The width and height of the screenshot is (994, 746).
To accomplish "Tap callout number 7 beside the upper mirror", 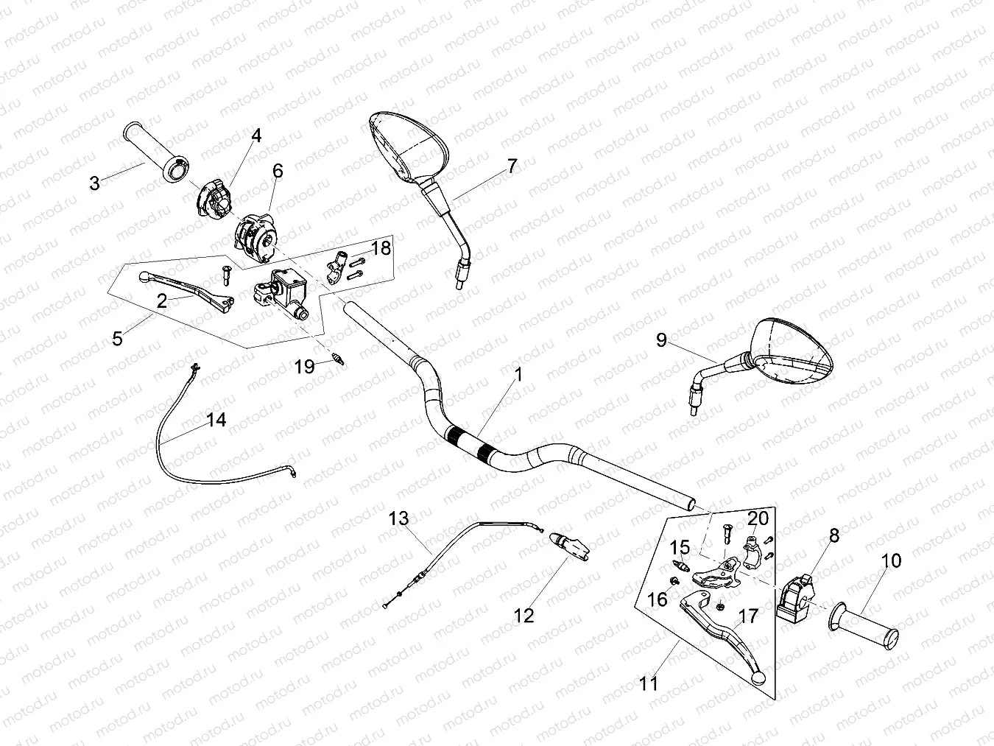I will pyautogui.click(x=512, y=166).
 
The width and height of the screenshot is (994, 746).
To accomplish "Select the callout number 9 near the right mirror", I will pyautogui.click(x=661, y=339).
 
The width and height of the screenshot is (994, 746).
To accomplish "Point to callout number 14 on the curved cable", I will pyautogui.click(x=216, y=420).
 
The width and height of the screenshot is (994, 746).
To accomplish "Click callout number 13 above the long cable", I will pyautogui.click(x=398, y=518).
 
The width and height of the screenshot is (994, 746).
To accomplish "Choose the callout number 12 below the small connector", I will pyautogui.click(x=524, y=616).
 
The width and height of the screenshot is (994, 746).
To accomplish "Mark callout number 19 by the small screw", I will pyautogui.click(x=305, y=366).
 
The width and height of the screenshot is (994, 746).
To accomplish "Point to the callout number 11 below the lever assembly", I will pyautogui.click(x=648, y=683).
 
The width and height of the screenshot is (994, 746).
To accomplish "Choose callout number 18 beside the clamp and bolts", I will pyautogui.click(x=381, y=248).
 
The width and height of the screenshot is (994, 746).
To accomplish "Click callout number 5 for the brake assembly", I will pyautogui.click(x=117, y=338).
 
